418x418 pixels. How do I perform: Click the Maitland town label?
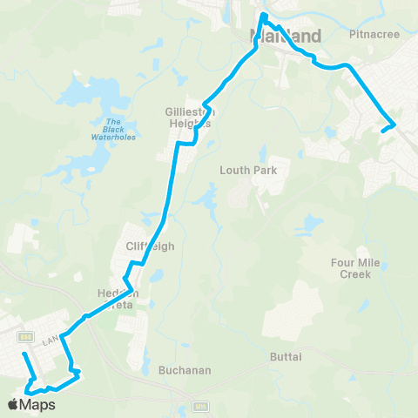coord(285,37)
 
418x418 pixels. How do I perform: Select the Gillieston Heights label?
coord(190,118)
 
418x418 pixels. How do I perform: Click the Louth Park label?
coord(248,170)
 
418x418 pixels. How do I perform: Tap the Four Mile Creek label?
coord(351,268)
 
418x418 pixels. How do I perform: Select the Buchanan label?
coord(185,370)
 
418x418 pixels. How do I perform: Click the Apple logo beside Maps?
coord(12,405)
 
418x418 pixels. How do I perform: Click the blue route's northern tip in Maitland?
coord(263,15)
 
